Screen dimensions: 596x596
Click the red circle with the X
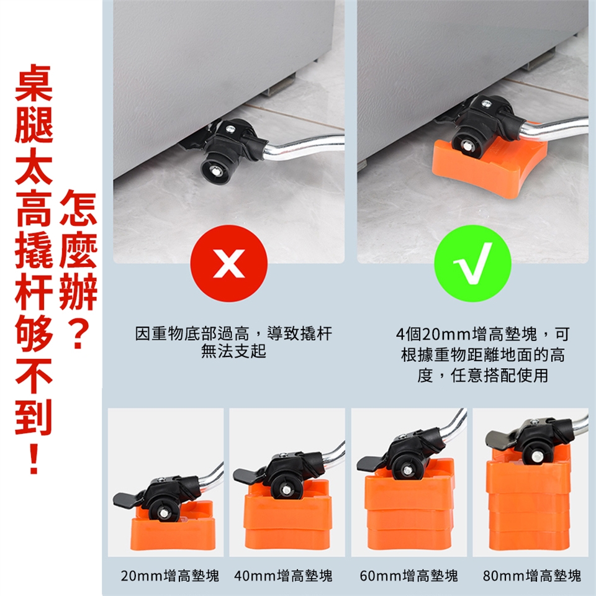coord(229,263)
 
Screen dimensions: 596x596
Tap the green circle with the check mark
coord(472,263)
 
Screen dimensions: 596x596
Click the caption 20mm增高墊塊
coord(170,576)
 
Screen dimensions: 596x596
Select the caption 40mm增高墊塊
coord(283,576)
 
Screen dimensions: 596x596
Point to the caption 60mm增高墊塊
coord(409,576)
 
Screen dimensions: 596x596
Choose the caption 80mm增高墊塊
coord(532,576)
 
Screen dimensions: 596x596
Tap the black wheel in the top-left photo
coord(215,170)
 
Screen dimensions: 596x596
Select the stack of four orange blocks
coord(529,502)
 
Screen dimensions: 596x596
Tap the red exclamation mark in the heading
coord(34,458)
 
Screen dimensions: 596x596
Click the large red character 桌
coord(34,83)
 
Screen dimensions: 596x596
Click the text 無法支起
coord(233,351)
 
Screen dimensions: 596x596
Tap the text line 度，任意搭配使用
coord(483,376)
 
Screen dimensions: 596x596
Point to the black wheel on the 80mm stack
coord(536,454)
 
